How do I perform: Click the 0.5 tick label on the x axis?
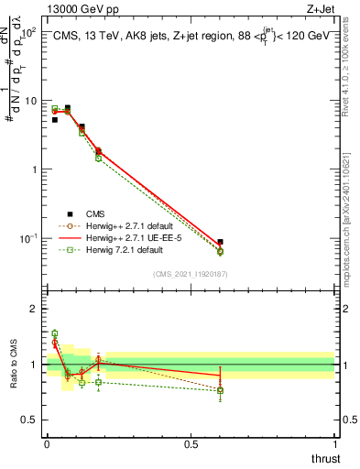[191, 444]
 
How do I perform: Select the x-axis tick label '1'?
[334, 444]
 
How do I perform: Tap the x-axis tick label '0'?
[47, 444]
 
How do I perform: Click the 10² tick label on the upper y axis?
[27, 32]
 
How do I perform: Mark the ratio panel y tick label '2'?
[34, 309]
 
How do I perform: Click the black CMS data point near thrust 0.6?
[220, 242]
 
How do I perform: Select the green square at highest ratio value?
[54, 333]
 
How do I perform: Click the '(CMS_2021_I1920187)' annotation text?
[190, 273]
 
